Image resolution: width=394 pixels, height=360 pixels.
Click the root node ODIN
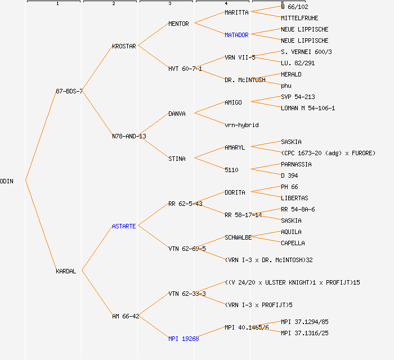7,181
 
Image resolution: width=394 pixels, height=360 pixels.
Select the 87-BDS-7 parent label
69,91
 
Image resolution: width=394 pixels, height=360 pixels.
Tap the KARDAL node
66,271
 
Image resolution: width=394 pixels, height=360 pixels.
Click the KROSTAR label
124,46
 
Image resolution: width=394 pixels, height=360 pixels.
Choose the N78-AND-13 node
129,136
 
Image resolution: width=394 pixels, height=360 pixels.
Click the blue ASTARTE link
124,226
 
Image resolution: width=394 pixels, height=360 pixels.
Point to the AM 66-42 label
126,316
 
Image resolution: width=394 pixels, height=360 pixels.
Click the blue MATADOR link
236,35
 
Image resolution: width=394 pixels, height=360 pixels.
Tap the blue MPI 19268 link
183,339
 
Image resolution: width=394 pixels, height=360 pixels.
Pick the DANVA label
177,114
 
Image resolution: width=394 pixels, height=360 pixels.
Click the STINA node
177,159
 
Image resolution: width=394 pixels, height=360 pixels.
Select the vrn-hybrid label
241,125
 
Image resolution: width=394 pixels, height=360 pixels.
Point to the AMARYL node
235,147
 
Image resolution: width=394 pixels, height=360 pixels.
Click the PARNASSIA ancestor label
296,164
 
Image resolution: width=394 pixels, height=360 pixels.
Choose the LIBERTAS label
294,198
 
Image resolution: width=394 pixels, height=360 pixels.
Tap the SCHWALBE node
238,237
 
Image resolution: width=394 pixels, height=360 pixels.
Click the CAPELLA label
293,243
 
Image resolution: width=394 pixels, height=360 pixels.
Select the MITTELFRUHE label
299,18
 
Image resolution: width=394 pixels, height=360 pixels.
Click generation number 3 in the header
169,4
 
